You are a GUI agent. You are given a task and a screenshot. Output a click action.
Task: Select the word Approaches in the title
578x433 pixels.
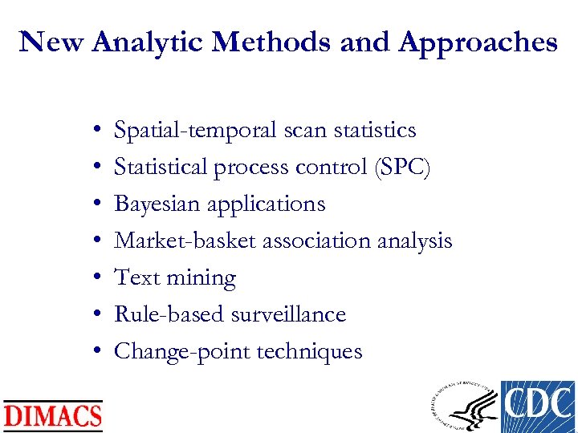point(479,42)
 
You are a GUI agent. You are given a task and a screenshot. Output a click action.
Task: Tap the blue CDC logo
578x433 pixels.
point(538,407)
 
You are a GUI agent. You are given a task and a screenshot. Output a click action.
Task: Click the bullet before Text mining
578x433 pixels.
point(96,278)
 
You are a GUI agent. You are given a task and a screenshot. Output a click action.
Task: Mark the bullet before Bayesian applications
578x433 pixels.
point(96,204)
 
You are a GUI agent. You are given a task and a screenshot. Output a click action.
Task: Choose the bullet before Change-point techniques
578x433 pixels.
point(96,352)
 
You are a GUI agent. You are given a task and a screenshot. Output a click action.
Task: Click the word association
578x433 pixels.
point(331,241)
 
